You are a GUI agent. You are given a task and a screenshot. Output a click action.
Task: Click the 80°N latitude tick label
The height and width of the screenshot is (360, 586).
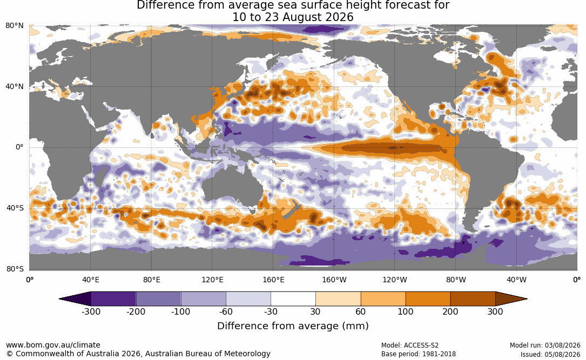pos(15,26)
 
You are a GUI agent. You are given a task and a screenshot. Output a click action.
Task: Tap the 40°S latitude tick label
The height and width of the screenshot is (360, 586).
pos(15,208)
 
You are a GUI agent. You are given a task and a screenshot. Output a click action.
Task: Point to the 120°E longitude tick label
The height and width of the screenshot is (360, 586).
pos(212,280)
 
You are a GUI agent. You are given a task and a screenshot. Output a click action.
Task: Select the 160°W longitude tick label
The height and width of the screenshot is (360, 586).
pos(334,280)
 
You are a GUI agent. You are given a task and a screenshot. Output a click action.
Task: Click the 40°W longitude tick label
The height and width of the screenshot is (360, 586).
pos(517,280)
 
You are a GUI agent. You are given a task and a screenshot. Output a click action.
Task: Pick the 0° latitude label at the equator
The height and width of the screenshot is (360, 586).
pos(19,147)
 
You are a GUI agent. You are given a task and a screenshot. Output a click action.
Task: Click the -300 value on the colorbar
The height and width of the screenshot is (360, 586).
pos(91,311)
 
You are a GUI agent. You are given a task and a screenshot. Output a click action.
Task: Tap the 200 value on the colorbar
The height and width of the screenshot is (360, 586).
pos(450,311)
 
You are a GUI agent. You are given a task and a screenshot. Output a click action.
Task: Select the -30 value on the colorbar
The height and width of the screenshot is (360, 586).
pos(271,311)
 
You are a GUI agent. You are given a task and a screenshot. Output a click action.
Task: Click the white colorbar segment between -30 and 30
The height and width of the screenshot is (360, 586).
pos(293,299)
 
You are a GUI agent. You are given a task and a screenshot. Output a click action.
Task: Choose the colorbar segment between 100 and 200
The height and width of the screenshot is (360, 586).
pos(428,299)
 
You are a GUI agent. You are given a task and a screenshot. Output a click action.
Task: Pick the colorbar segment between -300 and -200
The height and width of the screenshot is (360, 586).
pos(113,299)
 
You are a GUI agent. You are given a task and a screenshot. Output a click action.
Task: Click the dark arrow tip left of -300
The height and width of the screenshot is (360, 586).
pos(60,299)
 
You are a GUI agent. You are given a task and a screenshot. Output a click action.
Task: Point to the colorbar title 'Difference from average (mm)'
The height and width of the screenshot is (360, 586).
pos(293,326)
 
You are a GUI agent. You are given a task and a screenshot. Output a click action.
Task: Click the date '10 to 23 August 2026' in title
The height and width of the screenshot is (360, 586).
pos(293,17)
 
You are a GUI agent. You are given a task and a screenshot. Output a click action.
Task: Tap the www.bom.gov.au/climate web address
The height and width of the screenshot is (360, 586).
pos(53,345)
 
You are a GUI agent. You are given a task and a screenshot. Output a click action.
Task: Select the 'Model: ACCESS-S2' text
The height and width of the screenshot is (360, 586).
pos(409,345)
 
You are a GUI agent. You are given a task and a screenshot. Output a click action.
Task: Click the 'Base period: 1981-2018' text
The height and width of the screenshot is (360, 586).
pos(418,354)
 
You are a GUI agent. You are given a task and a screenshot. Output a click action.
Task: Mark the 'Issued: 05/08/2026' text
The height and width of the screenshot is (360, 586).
pos(550,354)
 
